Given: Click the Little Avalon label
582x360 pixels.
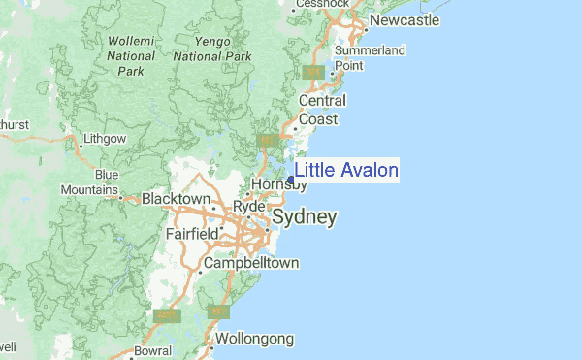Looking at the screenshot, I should [x=346, y=171].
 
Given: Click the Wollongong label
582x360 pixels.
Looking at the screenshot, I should [x=254, y=339].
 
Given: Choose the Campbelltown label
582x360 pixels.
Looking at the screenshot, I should [x=250, y=263].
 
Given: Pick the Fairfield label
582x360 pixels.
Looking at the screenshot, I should [x=191, y=234].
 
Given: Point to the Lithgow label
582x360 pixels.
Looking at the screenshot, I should [x=105, y=139].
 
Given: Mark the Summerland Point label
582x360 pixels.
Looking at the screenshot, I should [x=370, y=57].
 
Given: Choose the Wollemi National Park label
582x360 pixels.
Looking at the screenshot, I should [x=130, y=56].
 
